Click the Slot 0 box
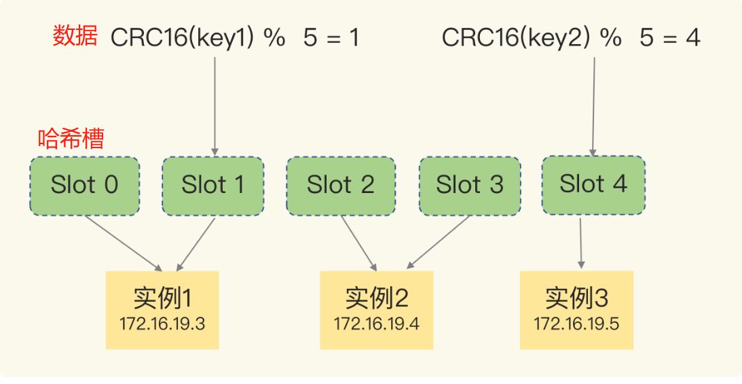tap(85, 186)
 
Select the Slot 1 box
tap(213, 186)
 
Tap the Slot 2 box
tap(341, 186)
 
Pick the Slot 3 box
tap(470, 186)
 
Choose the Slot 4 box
tap(593, 185)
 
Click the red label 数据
tap(75, 36)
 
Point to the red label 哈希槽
tap(71, 139)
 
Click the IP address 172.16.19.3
tap(162, 324)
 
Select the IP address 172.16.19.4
tap(377, 324)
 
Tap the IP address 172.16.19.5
tap(576, 324)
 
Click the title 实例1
tap(162, 298)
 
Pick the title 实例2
tap(377, 298)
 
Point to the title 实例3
tap(576, 298)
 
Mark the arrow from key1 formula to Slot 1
tap(215, 107)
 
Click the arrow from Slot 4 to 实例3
tap(581, 243)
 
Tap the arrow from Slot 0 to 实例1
tap(124, 244)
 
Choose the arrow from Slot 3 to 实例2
tap(438, 243)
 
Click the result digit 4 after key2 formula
tap(693, 37)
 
